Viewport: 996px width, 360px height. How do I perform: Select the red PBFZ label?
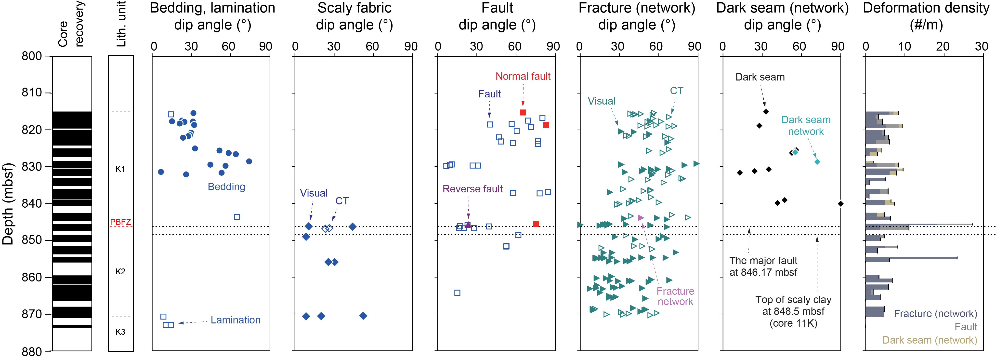point(121,222)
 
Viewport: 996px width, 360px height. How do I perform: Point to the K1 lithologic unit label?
point(120,169)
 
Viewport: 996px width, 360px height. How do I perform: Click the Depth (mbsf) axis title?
point(8,204)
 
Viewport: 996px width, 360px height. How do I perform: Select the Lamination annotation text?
point(236,320)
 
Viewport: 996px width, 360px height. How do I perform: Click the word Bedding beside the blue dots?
point(226,187)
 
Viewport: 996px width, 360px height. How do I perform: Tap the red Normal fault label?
point(523,77)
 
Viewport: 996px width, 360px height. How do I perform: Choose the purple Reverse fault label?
point(472,189)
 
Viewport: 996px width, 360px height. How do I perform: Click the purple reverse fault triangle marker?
point(468,225)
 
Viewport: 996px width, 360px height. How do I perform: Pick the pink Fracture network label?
point(675,296)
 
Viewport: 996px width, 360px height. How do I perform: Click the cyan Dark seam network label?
point(806,126)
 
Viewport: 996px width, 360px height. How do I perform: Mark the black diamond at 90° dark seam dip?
point(840,204)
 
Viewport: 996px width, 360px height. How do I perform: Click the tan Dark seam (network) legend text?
point(930,340)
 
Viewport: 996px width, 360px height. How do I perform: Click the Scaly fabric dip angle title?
point(354,16)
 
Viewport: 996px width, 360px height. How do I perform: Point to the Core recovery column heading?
point(71,24)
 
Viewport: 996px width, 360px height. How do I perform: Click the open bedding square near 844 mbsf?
point(237,217)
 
